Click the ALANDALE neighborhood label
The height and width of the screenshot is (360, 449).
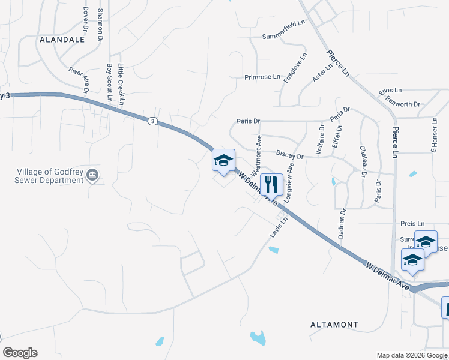pyautogui.click(x=62, y=40)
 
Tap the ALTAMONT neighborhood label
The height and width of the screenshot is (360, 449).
pyautogui.click(x=334, y=325)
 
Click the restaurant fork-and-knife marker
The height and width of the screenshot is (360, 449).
pyautogui.click(x=271, y=185)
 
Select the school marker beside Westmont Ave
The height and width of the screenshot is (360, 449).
pyautogui.click(x=223, y=160)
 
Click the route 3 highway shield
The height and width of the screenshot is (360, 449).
pyautogui.click(x=153, y=121)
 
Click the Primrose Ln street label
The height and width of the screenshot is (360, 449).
pyautogui.click(x=262, y=77)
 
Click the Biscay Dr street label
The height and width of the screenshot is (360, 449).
pyautogui.click(x=290, y=154)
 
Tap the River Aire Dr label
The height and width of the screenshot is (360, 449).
pyautogui.click(x=79, y=80)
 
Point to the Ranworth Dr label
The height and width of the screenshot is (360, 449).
pyautogui.click(x=403, y=104)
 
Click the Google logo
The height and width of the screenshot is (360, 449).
pyautogui.click(x=20, y=353)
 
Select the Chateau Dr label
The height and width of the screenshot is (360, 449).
pyautogui.click(x=363, y=162)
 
